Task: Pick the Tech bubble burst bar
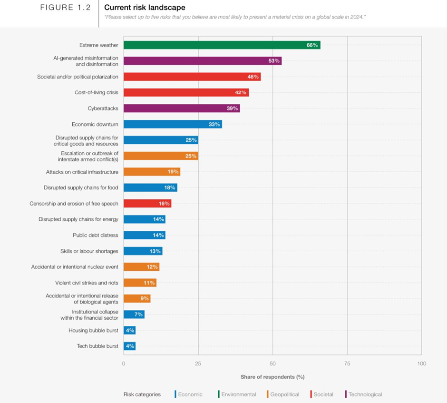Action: tap(129, 346)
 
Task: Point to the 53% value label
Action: tap(273, 61)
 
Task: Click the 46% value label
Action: tap(253, 77)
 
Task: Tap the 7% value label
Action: tap(138, 315)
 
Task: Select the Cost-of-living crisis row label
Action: tap(96, 92)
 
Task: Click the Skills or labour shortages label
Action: tap(89, 251)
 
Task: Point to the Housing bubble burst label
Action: tap(93, 330)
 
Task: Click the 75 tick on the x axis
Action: tap(347, 364)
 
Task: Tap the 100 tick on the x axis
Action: tap(421, 364)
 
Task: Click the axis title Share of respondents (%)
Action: tap(272, 377)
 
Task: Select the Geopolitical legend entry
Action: tap(284, 394)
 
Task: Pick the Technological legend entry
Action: tap(365, 394)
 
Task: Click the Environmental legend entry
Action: tap(238, 394)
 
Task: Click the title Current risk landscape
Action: tap(145, 8)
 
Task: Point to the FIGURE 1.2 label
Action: tap(65, 8)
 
